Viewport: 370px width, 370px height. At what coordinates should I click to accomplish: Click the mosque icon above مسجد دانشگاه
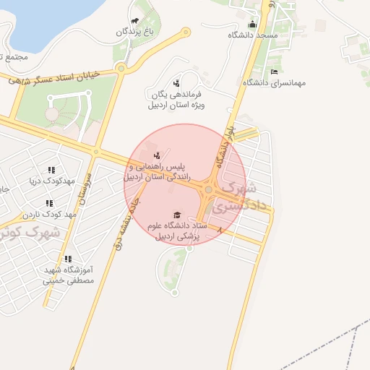coord(252,24)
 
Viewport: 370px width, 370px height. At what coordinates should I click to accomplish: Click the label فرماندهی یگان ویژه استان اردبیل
coord(178,100)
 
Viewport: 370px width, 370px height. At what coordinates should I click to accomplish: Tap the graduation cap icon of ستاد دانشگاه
coord(177,215)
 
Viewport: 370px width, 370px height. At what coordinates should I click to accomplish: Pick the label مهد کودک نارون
coord(49,215)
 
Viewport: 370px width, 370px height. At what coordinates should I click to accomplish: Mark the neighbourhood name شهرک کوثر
coord(30,233)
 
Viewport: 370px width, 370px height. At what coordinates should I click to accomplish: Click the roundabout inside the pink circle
coord(208,189)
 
